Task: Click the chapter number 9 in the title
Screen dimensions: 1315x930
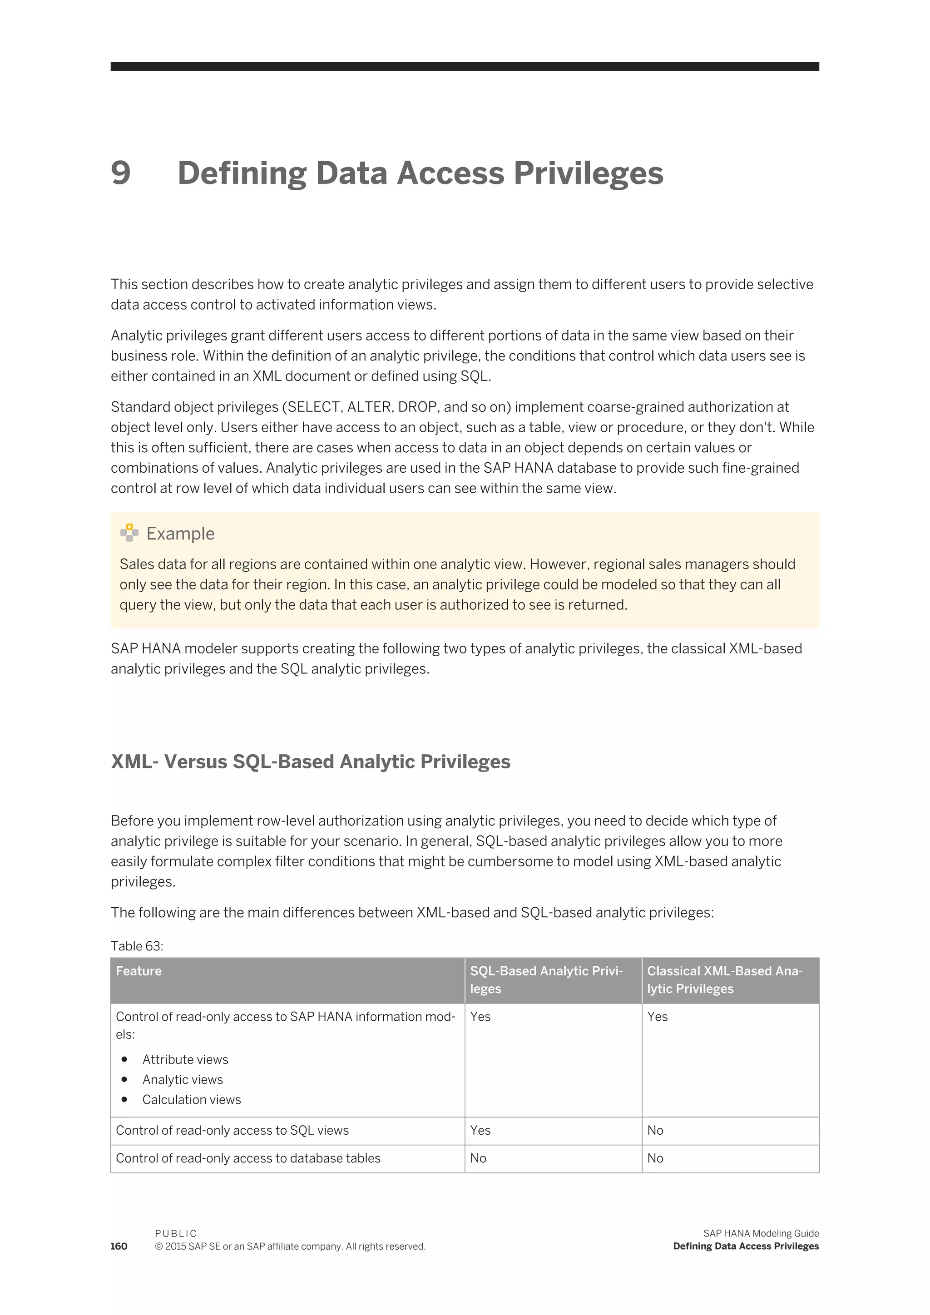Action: (121, 173)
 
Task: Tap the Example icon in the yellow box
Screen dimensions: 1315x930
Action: (129, 533)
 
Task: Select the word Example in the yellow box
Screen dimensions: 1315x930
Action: (180, 533)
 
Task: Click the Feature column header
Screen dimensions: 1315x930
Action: (139, 971)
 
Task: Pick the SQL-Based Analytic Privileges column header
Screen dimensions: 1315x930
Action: (546, 979)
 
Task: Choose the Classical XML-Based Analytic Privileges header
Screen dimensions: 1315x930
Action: (724, 979)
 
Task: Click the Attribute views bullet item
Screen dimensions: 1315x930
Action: (185, 1059)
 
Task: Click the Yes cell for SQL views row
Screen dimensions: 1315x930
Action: (480, 1130)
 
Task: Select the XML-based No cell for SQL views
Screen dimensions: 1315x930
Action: (655, 1130)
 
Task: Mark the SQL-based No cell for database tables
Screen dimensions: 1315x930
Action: (478, 1158)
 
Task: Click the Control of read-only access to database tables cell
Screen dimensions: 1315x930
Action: (248, 1158)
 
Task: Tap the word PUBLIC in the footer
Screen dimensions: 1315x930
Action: (176, 1234)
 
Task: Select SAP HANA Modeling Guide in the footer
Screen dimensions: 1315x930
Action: (761, 1234)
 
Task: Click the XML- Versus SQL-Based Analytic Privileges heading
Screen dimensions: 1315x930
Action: (311, 762)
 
